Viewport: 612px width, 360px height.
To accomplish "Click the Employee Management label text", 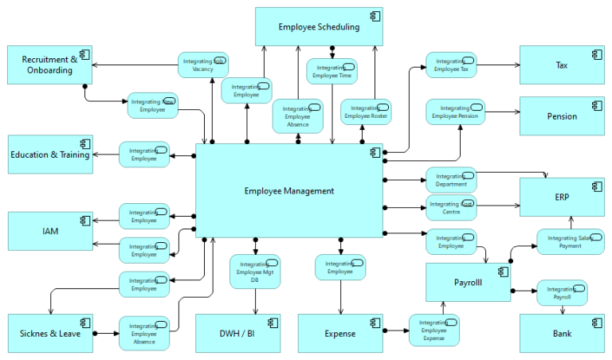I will click(289, 190).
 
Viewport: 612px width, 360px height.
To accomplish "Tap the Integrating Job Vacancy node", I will click(202, 65).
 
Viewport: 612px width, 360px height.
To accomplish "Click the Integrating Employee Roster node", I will click(366, 112).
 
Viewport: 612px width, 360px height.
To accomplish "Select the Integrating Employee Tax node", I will click(451, 65).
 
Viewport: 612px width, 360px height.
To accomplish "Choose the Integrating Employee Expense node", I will click(434, 330).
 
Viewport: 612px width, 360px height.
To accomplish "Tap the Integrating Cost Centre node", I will click(451, 207).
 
